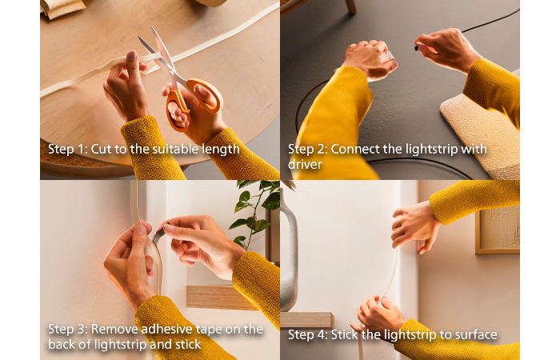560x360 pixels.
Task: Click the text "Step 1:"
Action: (67, 149)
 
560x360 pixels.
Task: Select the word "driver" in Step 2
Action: (305, 164)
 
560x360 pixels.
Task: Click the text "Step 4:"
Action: (307, 334)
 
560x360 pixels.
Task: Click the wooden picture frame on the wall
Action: (497, 229)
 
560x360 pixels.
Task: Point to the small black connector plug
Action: (417, 47)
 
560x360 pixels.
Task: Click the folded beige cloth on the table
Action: (63, 9)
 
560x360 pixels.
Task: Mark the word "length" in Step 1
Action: (221, 150)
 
